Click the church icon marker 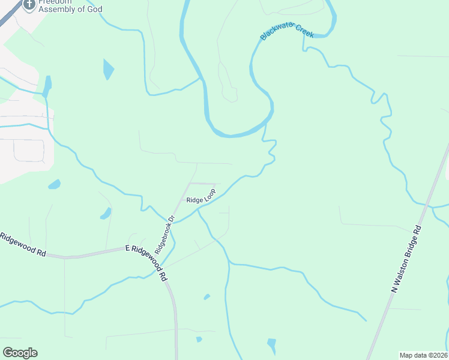pyautogui.click(x=28, y=5)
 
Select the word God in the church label pyautogui.click(x=94, y=10)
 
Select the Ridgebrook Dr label pyautogui.click(x=163, y=233)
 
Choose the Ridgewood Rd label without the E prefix pyautogui.click(x=23, y=245)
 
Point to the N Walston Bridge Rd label pyautogui.click(x=407, y=259)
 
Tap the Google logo pyautogui.click(x=20, y=353)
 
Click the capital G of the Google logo pyautogui.click(x=8, y=353)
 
